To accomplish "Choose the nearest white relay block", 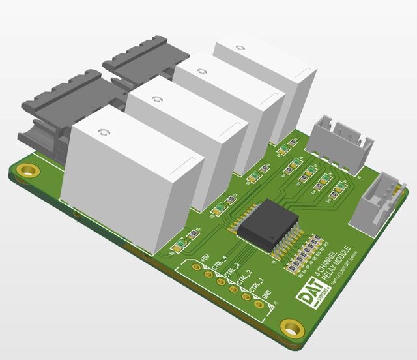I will click(130, 179).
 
